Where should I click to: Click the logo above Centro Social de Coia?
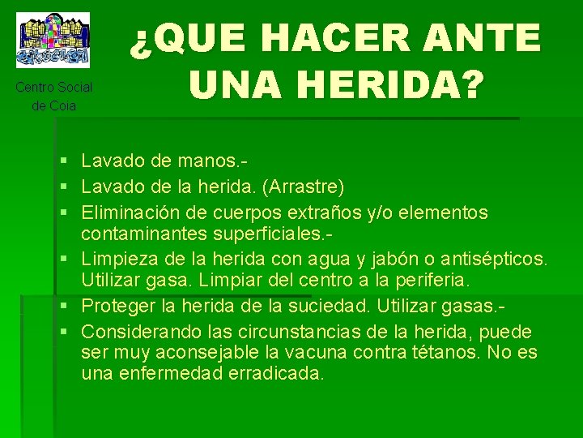pos(54,39)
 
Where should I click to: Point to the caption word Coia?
pos(63,105)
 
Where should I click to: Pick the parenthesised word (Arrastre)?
pos(304,187)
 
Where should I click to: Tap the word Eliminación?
pos(134,213)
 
